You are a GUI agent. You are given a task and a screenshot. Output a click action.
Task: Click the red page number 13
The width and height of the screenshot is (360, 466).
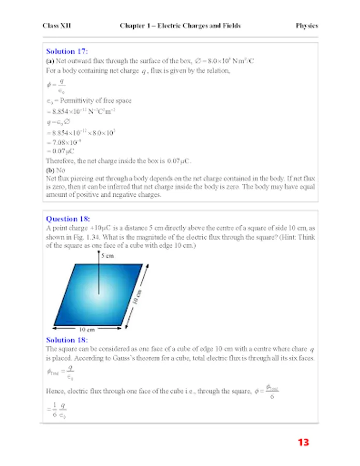coord(303,442)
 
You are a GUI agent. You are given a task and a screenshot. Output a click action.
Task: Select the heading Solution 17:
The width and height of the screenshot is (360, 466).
coord(67,51)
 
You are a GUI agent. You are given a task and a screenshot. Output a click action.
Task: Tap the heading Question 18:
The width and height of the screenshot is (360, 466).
coord(68,219)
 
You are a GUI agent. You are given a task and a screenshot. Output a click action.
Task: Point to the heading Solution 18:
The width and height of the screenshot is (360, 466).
coord(67,340)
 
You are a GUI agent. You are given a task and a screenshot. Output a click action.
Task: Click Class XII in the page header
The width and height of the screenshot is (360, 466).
coord(55,25)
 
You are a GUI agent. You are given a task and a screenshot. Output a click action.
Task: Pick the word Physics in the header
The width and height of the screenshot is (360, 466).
coord(307,25)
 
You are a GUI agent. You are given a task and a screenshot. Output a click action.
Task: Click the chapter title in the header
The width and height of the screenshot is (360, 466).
coord(180,25)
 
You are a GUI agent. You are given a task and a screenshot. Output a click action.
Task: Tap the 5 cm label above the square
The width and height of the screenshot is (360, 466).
coord(108,256)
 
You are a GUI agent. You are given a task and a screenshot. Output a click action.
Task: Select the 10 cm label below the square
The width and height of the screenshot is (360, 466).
coord(86,330)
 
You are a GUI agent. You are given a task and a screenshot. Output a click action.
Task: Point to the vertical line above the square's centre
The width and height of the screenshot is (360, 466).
coord(98,277)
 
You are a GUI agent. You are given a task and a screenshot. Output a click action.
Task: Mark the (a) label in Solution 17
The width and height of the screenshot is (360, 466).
coord(50,61)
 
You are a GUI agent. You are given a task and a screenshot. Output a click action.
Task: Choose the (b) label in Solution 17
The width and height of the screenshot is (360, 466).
coord(50,169)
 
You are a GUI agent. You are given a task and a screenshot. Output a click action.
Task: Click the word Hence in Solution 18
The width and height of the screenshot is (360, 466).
coord(55,391)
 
